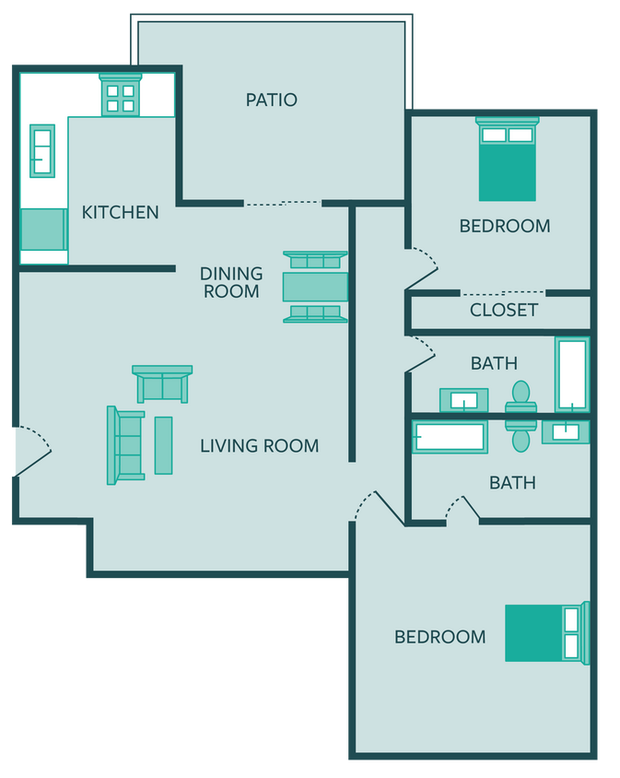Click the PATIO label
click(271, 100)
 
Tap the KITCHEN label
click(120, 212)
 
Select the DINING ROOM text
click(231, 282)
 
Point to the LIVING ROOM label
click(260, 446)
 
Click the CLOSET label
click(503, 310)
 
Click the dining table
click(315, 287)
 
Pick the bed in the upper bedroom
click(507, 159)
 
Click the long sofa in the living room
click(126, 445)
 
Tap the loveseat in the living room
click(162, 384)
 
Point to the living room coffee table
click(163, 445)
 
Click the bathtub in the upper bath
click(571, 374)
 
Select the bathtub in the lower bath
click(449, 436)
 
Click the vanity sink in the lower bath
click(565, 431)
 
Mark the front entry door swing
click(31, 452)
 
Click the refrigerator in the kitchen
click(43, 230)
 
